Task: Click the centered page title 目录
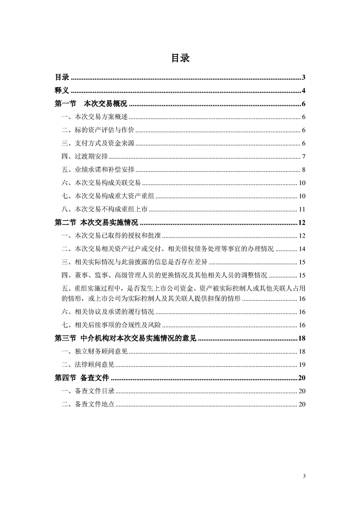coord(180,58)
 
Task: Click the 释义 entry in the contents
coord(62,90)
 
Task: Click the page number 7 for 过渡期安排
coord(303,157)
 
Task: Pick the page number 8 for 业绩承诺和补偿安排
coord(303,170)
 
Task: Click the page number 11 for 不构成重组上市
coord(302,209)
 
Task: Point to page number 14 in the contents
coord(302,249)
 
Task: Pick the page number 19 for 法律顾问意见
coord(302,365)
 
